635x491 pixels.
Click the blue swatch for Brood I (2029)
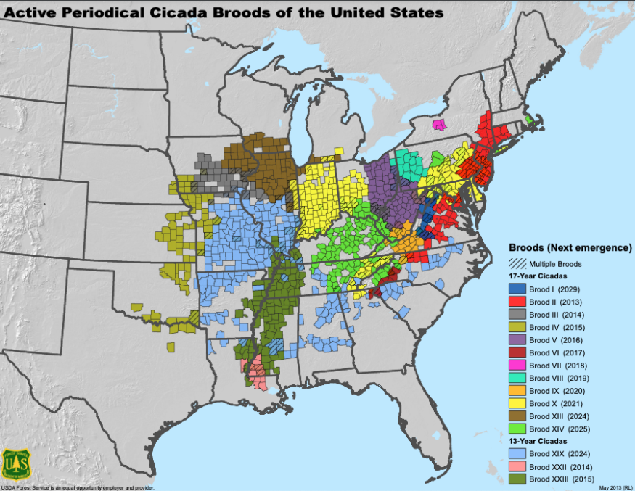(x=516, y=289)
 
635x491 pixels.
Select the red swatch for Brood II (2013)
(x=516, y=302)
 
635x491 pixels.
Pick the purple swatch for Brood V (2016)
(x=516, y=340)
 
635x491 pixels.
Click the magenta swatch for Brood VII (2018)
(x=516, y=366)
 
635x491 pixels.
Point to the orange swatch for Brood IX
(x=516, y=391)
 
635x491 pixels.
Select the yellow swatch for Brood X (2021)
(x=516, y=403)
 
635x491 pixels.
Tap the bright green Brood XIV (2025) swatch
(x=516, y=429)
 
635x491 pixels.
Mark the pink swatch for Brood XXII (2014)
(x=516, y=466)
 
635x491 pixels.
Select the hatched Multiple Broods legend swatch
(x=516, y=263)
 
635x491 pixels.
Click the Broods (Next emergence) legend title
(x=570, y=248)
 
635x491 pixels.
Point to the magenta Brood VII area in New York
(x=439, y=125)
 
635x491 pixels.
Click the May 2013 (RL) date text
(x=615, y=487)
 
